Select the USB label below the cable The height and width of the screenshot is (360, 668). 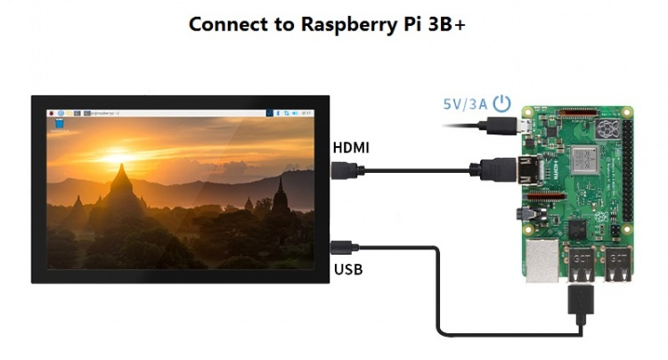(347, 268)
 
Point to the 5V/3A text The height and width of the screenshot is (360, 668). (465, 103)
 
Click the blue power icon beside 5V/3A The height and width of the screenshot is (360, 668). (502, 102)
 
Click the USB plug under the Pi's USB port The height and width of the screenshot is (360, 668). (581, 303)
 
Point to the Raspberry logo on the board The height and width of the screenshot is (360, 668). (608, 132)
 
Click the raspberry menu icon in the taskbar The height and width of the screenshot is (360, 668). (52, 114)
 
